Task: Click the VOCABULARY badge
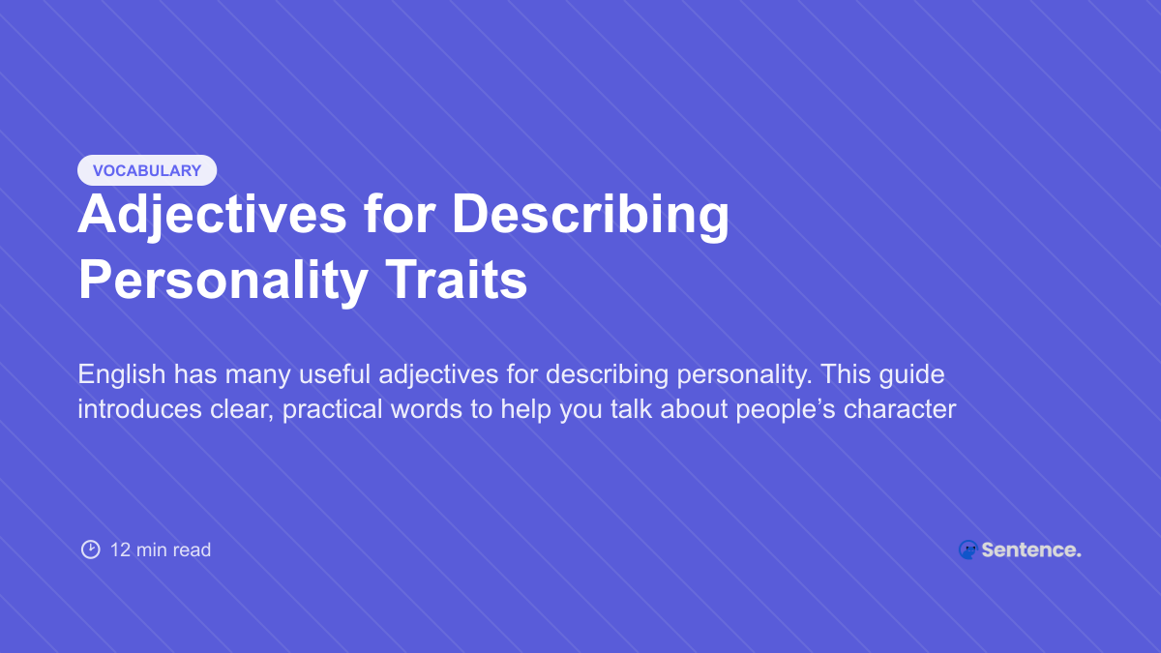147,170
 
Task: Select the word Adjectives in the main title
212,215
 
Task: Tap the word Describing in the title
590,215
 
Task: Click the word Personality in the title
223,281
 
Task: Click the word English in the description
115,374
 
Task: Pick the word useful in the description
327,374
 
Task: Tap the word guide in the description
914,374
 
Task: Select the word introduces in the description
134,409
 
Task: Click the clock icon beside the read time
90,549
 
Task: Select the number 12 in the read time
120,549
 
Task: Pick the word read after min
193,549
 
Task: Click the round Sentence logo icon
967,549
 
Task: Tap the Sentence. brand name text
1031,549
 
